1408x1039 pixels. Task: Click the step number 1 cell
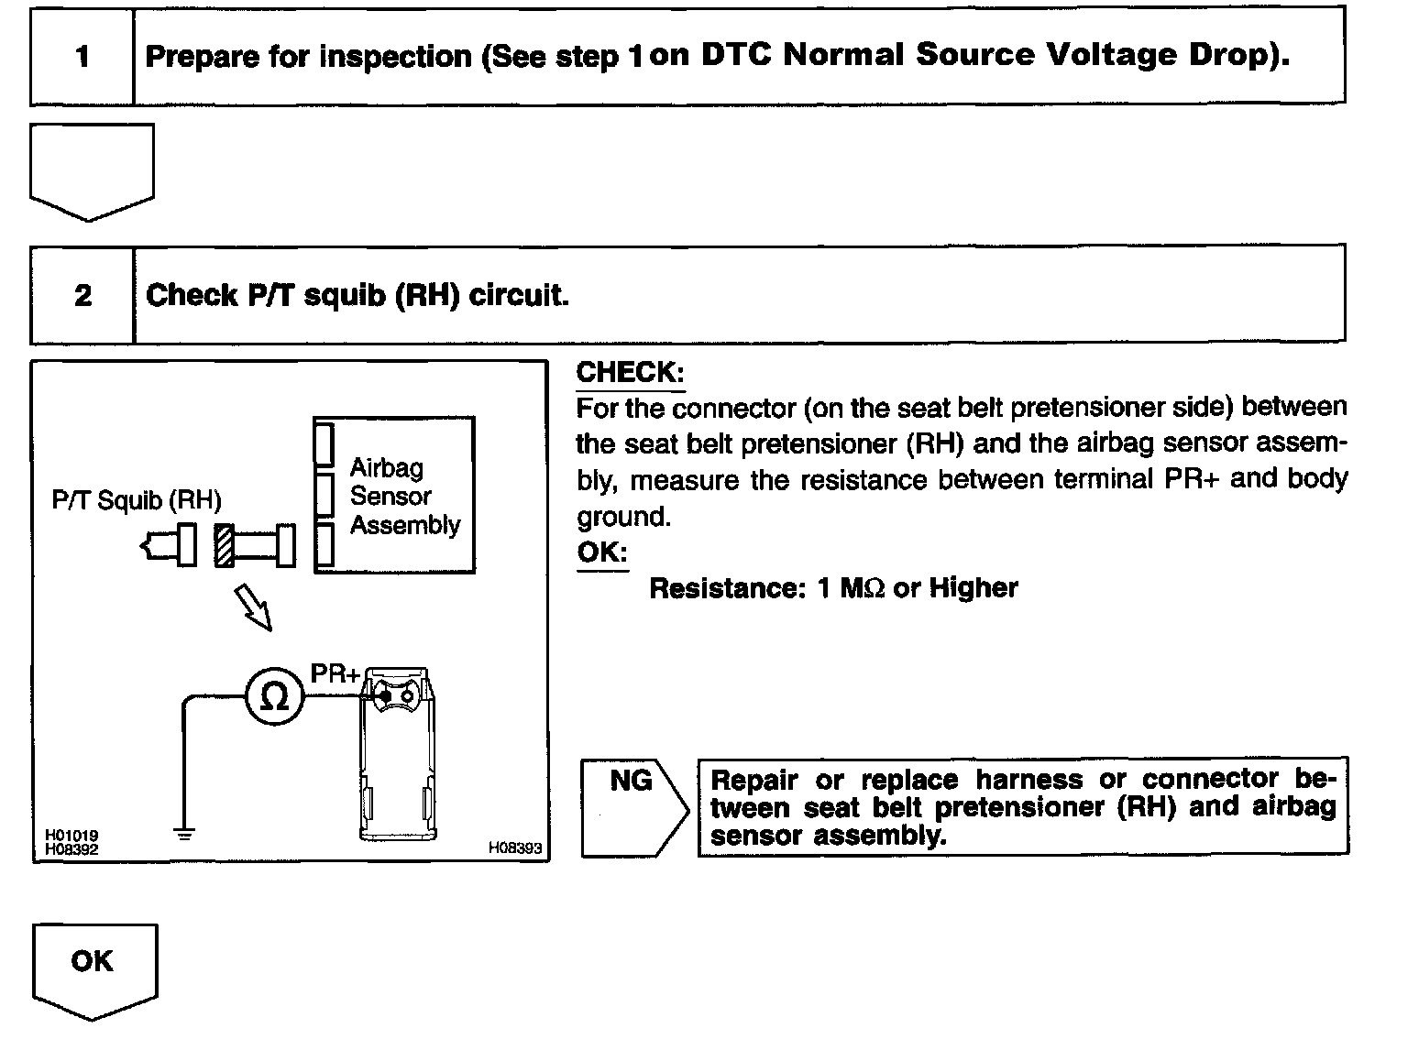(x=82, y=57)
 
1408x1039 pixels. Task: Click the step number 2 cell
(x=82, y=295)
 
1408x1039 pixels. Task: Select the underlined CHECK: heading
(x=630, y=372)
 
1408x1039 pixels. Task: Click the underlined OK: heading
(x=601, y=552)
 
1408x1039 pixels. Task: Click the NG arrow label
(x=632, y=781)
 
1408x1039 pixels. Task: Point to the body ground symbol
(x=184, y=834)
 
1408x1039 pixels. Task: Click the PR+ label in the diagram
(x=335, y=673)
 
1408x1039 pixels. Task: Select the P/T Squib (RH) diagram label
(x=137, y=500)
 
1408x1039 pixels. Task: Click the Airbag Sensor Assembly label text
(x=404, y=497)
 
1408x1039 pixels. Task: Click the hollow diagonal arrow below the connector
(x=254, y=607)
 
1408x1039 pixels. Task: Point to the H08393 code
(x=515, y=848)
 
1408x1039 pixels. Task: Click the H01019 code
(x=71, y=835)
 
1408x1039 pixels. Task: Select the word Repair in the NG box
(x=754, y=781)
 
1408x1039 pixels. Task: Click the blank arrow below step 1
(x=92, y=170)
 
